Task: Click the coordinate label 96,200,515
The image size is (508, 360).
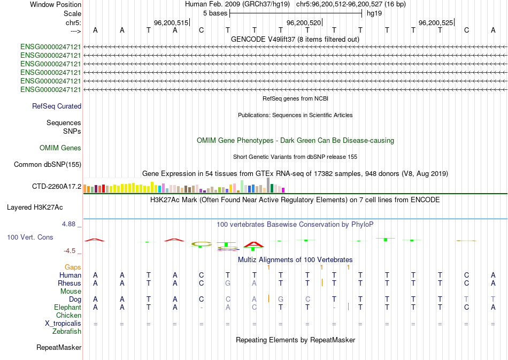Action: coord(171,23)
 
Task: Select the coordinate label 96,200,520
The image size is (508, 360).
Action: coord(304,23)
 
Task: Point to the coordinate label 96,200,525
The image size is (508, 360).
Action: coord(436,23)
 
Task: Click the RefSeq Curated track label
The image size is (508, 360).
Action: coord(57,106)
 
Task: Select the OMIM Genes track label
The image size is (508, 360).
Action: coord(60,148)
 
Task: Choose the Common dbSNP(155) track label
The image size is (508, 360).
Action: coord(48,165)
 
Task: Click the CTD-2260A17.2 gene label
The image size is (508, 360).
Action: coord(57,187)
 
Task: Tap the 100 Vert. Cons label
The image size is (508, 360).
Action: coord(30,237)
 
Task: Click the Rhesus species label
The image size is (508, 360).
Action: coord(70,283)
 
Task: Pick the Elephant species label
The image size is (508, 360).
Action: coord(68,308)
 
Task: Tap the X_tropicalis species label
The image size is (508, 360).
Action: coord(63,324)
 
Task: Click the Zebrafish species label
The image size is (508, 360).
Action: coord(67,332)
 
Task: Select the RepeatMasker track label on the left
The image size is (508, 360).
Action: coord(59,348)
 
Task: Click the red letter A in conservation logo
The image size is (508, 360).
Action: coord(254,245)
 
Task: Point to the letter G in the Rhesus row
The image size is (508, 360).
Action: coord(227,283)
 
